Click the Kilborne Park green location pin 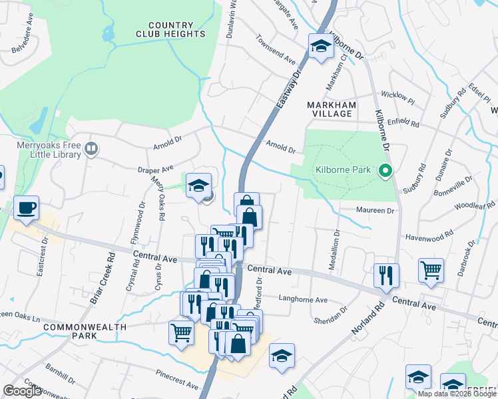pyautogui.click(x=384, y=171)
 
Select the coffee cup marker pyautogui.click(x=26, y=207)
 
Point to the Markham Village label pyautogui.click(x=332, y=109)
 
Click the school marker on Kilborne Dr pyautogui.click(x=320, y=47)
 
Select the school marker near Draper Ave pyautogui.click(x=198, y=186)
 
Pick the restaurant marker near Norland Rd pyautogui.click(x=385, y=275)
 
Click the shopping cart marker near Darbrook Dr pyautogui.click(x=431, y=271)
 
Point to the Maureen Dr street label pyautogui.click(x=376, y=211)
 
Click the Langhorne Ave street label pyautogui.click(x=303, y=300)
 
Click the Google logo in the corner pyautogui.click(x=23, y=391)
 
